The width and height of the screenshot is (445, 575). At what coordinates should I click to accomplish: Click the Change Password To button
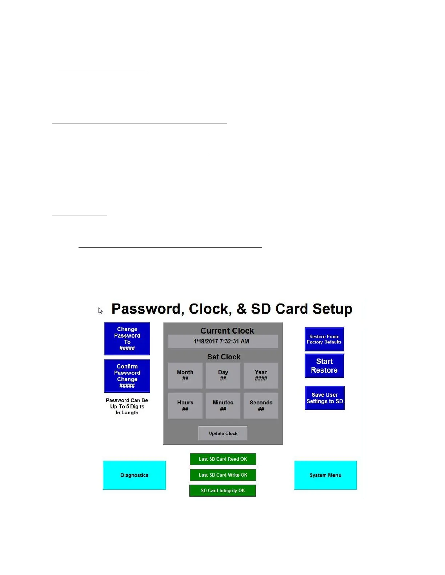click(x=127, y=339)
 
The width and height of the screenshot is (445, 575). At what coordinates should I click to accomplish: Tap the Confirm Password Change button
click(x=127, y=376)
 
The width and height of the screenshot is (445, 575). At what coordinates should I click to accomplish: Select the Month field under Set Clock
click(x=185, y=375)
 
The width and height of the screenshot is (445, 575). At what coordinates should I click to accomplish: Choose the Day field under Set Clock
click(x=223, y=375)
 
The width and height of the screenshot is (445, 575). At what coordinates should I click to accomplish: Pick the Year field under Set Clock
click(x=261, y=375)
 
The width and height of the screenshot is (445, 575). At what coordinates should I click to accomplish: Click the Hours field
click(x=185, y=406)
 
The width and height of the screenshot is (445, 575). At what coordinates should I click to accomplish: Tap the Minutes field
click(x=223, y=406)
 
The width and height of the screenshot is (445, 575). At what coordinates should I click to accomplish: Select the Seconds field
click(x=261, y=406)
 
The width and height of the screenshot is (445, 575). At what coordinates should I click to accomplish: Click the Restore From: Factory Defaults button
click(x=324, y=339)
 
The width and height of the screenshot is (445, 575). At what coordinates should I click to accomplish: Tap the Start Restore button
click(x=324, y=366)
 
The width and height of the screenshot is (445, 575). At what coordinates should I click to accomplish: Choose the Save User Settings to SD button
click(x=325, y=398)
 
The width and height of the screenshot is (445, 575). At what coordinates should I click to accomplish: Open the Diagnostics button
click(x=135, y=475)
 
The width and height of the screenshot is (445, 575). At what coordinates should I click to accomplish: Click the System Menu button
click(x=325, y=475)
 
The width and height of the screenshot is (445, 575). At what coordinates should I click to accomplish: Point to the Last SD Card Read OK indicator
click(x=223, y=459)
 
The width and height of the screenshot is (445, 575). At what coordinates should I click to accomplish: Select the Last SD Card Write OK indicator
click(x=223, y=475)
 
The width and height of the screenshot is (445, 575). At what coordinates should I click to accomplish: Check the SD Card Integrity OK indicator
click(x=222, y=490)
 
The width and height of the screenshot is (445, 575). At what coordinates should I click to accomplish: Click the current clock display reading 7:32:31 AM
click(x=222, y=342)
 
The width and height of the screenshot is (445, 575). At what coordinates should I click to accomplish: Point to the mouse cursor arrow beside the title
click(x=100, y=310)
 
